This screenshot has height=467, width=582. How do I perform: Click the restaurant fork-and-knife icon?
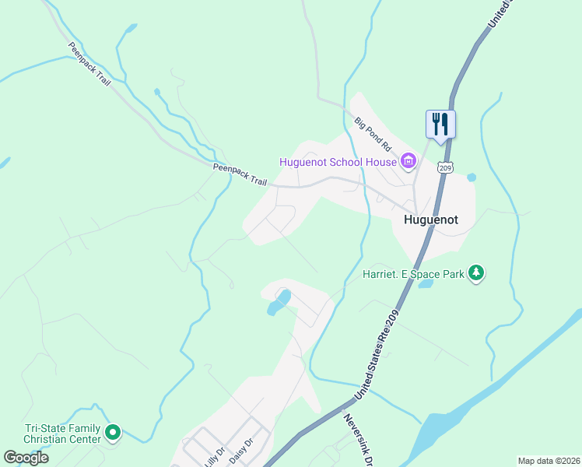point(440,125)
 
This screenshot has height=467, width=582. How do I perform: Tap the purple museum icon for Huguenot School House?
point(408,162)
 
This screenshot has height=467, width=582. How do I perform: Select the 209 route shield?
point(445,167)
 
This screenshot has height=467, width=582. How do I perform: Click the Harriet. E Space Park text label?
point(412,274)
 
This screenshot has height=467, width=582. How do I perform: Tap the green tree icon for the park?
point(475,273)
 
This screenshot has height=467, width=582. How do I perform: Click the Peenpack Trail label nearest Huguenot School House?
point(240,174)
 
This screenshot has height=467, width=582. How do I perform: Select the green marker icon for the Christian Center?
point(113,431)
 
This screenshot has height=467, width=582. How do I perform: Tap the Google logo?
point(26,458)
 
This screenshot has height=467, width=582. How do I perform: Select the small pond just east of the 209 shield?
point(471,177)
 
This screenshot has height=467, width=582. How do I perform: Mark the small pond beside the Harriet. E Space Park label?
point(425,284)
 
